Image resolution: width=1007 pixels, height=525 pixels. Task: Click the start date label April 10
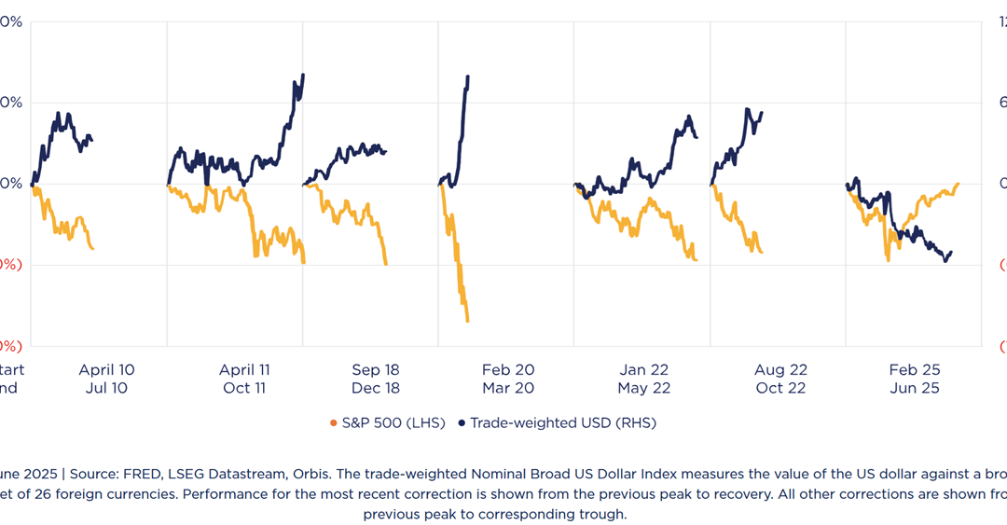coord(106,370)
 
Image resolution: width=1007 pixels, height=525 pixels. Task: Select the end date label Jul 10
coord(106,388)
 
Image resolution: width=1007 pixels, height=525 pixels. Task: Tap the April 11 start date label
coord(244,370)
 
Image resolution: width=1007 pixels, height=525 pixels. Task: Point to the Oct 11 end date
coord(244,388)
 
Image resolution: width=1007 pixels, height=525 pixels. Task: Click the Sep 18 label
coord(376,370)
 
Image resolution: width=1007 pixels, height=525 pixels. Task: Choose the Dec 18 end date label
coord(376,388)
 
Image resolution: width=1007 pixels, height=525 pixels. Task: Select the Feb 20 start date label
coord(508,370)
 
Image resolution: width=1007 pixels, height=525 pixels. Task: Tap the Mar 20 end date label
coord(508,388)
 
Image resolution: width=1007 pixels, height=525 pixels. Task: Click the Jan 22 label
coord(644,370)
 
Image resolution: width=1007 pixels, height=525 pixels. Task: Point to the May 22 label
coord(644,388)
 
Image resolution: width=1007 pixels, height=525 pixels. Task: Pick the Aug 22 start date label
coord(780,370)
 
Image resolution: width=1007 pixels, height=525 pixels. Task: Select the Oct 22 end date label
coord(780,388)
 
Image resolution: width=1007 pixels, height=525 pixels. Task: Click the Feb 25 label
coord(915,370)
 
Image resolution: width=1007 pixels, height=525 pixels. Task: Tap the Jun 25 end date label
coord(915,388)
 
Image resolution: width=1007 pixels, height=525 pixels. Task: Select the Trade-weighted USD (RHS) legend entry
coord(562,423)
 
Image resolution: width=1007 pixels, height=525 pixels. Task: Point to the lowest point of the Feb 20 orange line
coord(467,322)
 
